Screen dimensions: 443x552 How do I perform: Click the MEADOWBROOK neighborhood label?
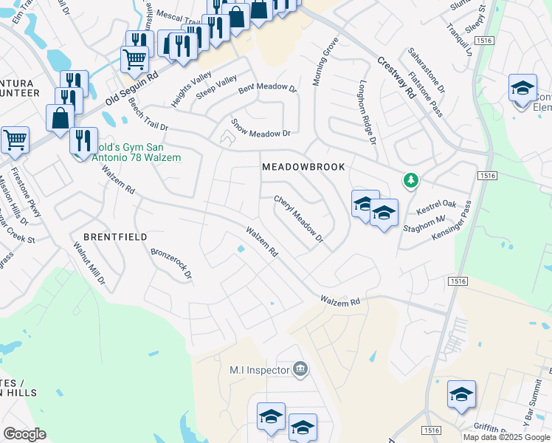(303, 167)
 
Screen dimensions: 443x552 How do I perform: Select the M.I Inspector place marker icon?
(300, 369)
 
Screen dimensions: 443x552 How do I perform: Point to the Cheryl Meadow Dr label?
(299, 219)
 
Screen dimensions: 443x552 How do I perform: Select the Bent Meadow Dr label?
(267, 89)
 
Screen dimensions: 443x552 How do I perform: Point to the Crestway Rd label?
(397, 80)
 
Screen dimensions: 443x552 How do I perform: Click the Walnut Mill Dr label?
(89, 264)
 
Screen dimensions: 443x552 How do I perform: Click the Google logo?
(24, 434)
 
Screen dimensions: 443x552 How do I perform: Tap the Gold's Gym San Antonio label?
(133, 151)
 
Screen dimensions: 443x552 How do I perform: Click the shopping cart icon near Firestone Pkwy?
(15, 139)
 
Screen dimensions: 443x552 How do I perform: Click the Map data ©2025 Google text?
(506, 437)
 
